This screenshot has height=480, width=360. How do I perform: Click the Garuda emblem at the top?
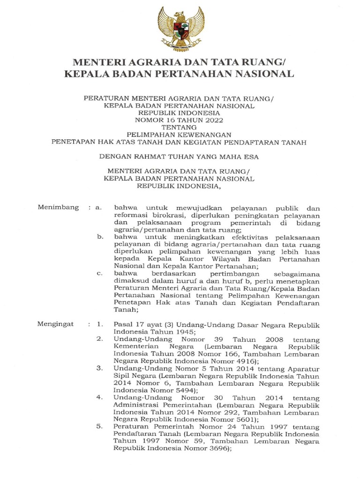coord(180,28)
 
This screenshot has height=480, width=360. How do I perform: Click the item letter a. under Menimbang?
coord(98,208)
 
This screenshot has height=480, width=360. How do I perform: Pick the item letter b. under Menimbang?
coord(100,238)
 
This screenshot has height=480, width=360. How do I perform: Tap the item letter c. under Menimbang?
coord(100,273)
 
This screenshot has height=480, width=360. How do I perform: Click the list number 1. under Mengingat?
coord(99,324)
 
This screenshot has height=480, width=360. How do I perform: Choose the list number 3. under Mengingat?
coord(99,368)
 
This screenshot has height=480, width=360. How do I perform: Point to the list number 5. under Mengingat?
coord(99,427)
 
